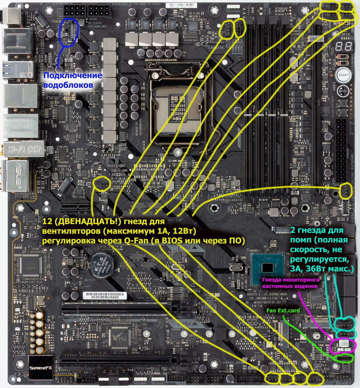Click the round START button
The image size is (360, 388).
tap(343, 75)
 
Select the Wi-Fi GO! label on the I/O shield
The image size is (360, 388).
tap(24, 149)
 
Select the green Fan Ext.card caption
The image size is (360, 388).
tap(283, 310)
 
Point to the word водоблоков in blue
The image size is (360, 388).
tap(68, 85)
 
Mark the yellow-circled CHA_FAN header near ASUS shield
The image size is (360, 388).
tap(103, 184)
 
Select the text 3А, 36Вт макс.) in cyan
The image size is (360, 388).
tap(322, 269)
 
